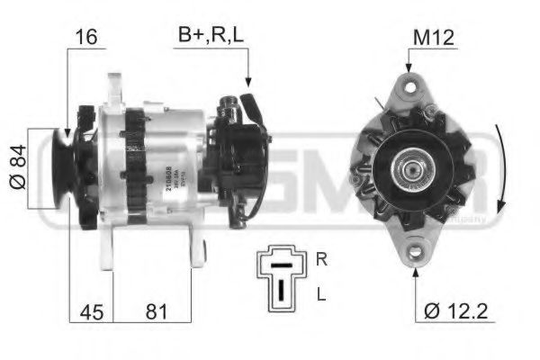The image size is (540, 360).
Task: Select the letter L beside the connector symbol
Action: (x=321, y=294)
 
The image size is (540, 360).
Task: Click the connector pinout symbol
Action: (x=282, y=274)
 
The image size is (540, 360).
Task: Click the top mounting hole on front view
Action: (x=413, y=87)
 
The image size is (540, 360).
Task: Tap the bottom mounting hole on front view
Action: (x=415, y=252)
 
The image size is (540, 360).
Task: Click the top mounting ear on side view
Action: (x=114, y=87)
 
